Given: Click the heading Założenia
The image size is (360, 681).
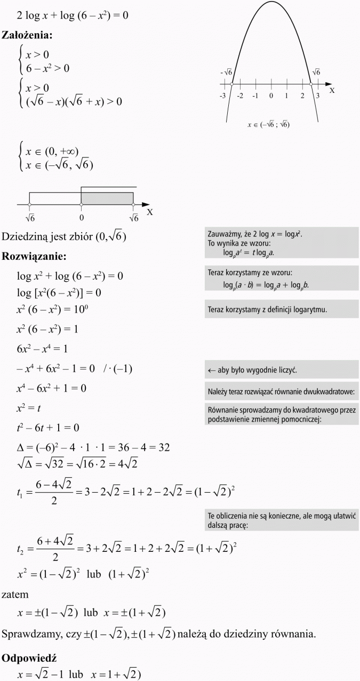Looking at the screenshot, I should point(27,36).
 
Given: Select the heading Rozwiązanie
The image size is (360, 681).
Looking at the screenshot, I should point(34,256).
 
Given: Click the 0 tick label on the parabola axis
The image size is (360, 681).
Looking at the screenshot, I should point(271,96).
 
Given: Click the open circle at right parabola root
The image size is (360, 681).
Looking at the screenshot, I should point(311,84).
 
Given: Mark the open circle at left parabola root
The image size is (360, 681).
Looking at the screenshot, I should point(232,84).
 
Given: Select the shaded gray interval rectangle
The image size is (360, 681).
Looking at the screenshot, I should point(107,198).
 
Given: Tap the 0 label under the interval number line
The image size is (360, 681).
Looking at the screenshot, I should point(81,217).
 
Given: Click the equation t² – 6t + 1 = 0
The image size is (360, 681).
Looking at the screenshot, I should point(48,427).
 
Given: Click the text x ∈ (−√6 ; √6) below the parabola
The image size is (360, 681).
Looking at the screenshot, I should point(268,125).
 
